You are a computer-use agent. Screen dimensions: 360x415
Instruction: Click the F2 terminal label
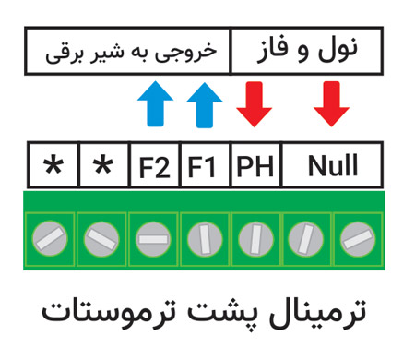(x=154, y=167)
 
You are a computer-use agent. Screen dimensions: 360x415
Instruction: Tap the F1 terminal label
(x=202, y=167)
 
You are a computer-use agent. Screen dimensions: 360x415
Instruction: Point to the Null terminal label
(x=333, y=167)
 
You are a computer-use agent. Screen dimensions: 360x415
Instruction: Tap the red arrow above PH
(x=253, y=105)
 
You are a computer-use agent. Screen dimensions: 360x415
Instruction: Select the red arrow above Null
(x=330, y=105)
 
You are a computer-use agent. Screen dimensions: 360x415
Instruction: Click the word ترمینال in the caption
(x=322, y=311)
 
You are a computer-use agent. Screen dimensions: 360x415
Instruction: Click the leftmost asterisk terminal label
(x=53, y=167)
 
